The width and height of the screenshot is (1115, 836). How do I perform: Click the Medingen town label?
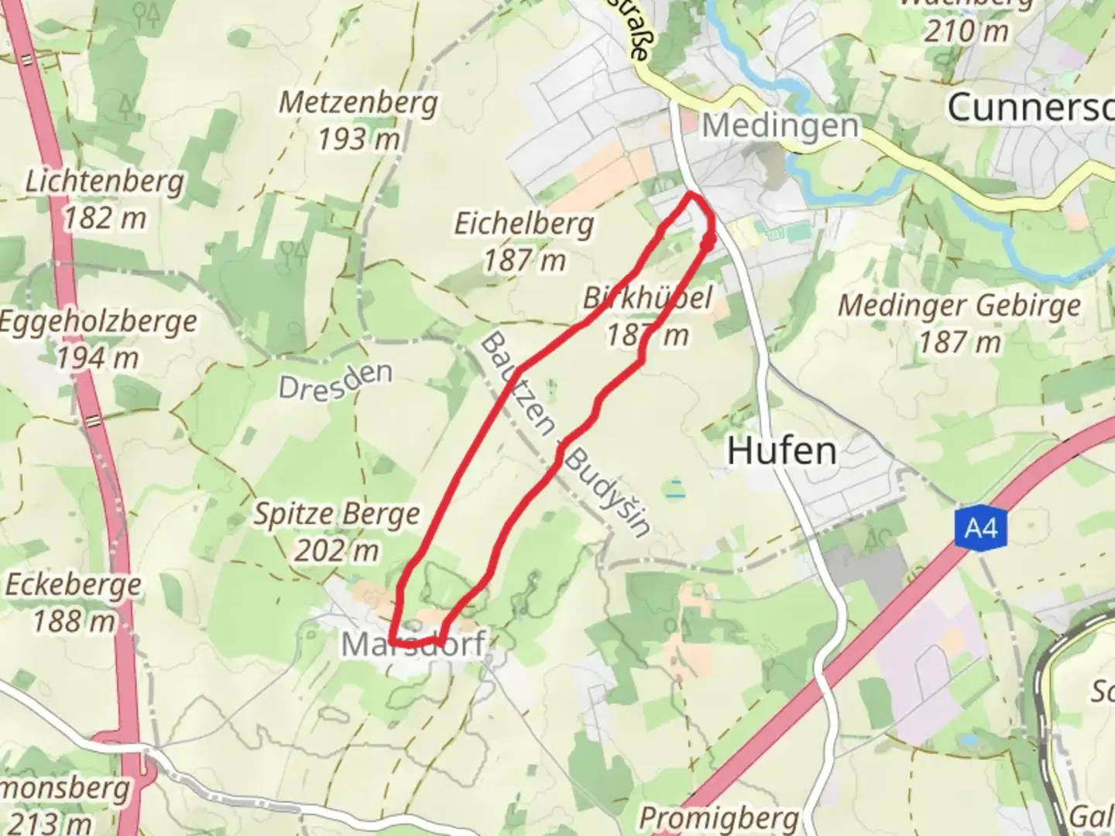click(780, 125)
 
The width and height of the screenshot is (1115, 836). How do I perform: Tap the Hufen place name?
click(782, 451)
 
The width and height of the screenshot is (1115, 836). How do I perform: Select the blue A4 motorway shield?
click(980, 529)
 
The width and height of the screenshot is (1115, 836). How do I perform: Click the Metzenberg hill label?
click(358, 102)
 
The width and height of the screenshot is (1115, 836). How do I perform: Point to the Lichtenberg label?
click(105, 181)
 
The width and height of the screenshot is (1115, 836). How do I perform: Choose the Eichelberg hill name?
click(524, 224)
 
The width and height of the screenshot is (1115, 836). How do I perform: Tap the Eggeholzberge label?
click(98, 321)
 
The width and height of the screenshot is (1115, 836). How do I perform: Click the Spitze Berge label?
click(337, 514)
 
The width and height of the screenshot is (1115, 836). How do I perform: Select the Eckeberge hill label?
click(73, 584)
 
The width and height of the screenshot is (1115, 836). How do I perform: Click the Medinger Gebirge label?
click(959, 305)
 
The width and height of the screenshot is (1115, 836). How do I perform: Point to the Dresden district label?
click(335, 380)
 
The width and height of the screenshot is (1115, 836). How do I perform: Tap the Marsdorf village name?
click(414, 644)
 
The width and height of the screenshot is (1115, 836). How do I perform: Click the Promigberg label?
click(719, 817)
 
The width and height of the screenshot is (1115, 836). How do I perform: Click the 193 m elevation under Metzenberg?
click(359, 139)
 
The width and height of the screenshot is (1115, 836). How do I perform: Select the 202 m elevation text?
click(337, 550)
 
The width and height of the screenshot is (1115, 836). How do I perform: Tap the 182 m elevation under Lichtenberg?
click(105, 218)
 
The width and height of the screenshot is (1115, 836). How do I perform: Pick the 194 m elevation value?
click(98, 358)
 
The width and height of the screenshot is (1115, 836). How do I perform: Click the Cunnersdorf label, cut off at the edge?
click(1030, 107)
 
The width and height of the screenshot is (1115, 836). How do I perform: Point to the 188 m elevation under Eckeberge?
click(74, 621)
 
